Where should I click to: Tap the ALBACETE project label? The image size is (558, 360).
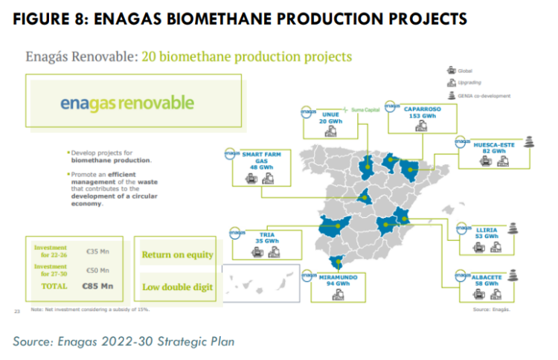coord(490,277)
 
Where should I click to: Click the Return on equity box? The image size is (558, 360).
coord(177,254)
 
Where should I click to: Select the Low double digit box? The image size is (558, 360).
coord(177,286)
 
